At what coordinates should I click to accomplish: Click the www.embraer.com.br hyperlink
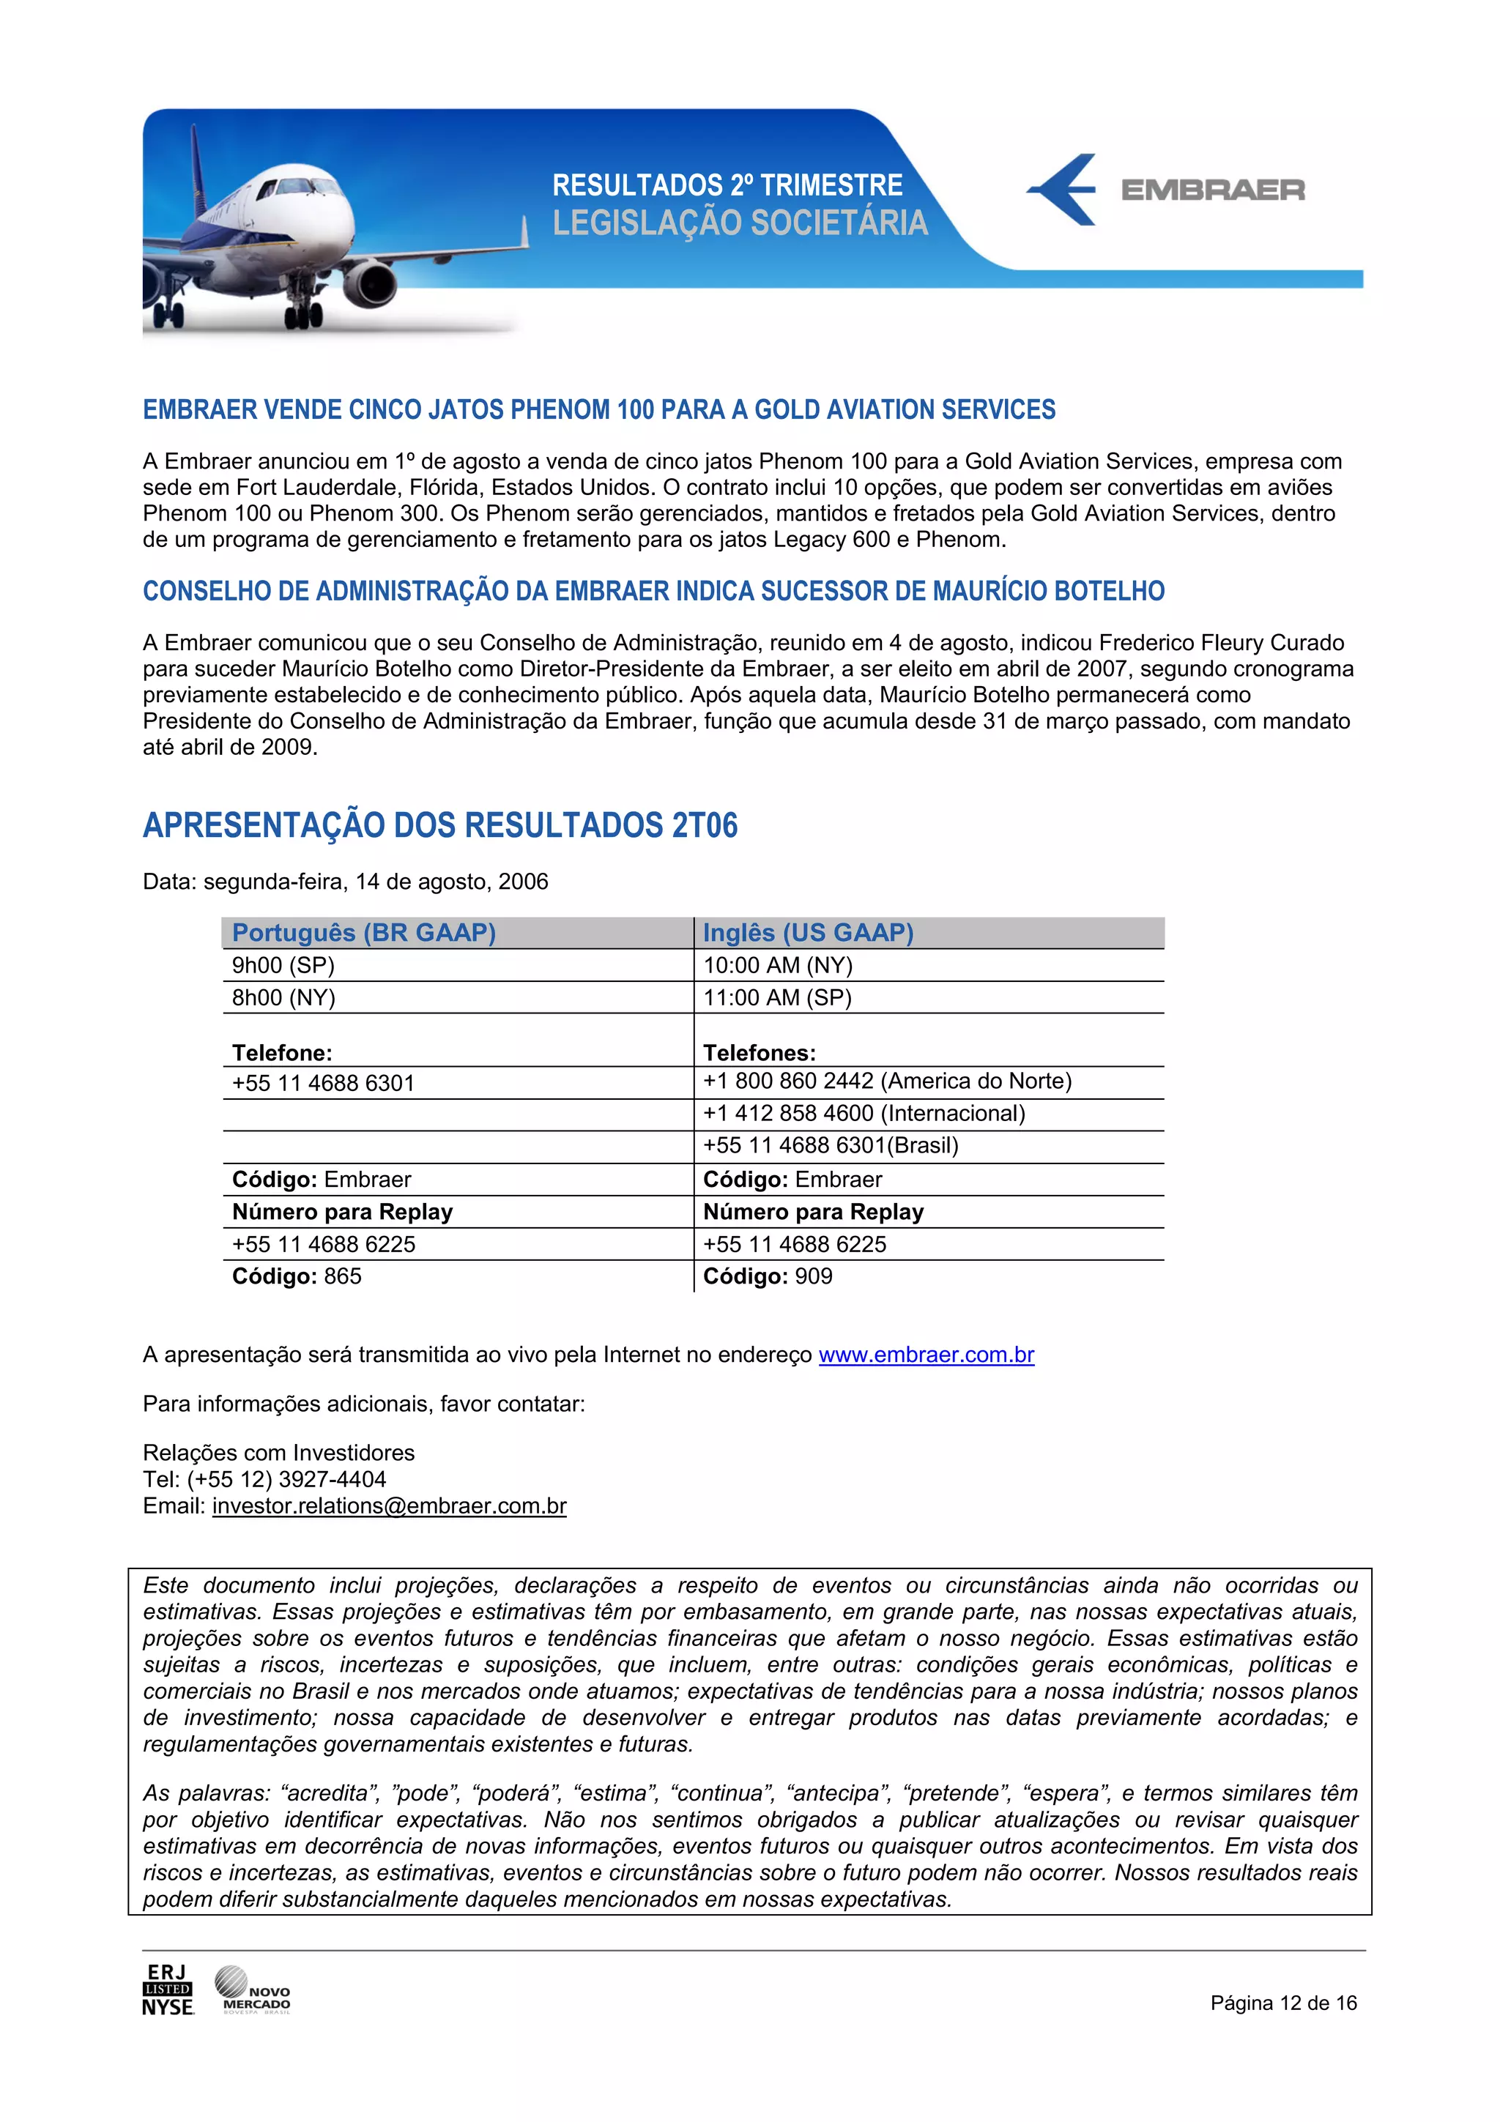point(925,1355)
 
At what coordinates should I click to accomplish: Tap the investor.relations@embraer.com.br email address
point(389,1506)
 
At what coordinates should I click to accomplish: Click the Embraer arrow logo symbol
point(1063,190)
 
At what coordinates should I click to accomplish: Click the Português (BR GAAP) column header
point(364,933)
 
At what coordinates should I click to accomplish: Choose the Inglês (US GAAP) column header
point(808,933)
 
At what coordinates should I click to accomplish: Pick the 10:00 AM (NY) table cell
point(777,966)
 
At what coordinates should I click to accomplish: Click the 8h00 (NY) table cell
point(283,998)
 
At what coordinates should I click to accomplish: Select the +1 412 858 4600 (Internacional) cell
point(864,1114)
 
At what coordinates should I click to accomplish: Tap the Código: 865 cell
point(297,1276)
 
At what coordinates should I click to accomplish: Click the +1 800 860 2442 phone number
point(787,1082)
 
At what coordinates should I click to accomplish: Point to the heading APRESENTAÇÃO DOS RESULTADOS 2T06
point(440,825)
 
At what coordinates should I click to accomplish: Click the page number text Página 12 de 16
point(1282,2003)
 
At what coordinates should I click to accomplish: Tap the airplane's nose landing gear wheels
point(303,316)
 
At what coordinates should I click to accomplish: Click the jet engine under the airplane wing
point(370,283)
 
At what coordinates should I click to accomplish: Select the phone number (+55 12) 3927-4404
point(286,1480)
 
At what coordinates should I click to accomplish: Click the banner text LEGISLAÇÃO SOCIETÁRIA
point(739,223)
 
